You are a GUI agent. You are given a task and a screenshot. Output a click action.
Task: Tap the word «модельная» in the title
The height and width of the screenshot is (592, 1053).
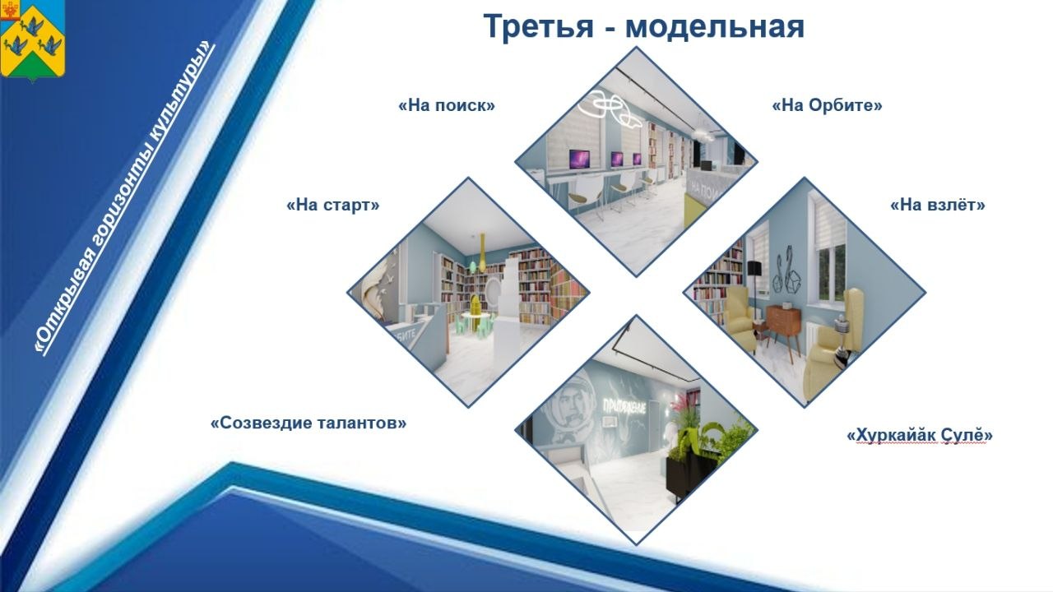714,26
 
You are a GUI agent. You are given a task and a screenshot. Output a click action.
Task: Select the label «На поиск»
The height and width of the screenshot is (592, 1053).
447,106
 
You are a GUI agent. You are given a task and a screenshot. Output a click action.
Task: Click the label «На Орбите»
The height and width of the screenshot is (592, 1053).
827,106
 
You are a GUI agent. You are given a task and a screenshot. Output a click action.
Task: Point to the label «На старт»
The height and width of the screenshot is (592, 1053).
333,205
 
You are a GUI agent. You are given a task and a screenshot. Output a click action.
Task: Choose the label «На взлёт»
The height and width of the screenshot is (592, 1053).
937,205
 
